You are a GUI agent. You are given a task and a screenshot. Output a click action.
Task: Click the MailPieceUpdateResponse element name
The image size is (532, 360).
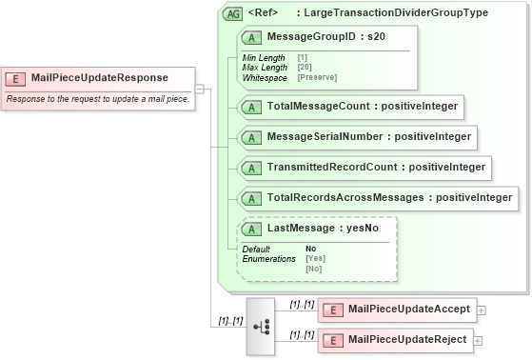[x=99, y=78]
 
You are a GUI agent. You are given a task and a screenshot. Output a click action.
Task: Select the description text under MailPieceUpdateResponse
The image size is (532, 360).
[x=98, y=98]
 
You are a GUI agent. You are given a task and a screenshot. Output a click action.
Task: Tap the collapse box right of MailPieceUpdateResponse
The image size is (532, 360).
[x=200, y=89]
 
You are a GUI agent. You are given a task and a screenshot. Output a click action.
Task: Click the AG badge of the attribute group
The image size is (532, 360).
[x=231, y=14]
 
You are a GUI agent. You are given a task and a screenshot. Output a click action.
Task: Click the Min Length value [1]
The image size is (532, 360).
[x=302, y=58]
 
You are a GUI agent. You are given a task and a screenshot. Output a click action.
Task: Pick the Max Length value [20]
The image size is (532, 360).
[x=304, y=68]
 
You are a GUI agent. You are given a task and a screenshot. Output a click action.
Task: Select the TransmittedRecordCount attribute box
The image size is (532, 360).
[x=364, y=168]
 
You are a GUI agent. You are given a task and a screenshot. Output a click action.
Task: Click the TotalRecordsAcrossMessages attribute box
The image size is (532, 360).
[x=378, y=198]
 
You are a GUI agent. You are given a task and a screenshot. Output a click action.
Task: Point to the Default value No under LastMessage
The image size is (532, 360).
[x=310, y=250]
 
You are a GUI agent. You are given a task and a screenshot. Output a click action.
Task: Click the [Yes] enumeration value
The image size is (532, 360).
[x=314, y=259]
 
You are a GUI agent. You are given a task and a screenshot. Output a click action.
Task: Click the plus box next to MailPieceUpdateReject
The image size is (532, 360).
[x=478, y=340]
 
